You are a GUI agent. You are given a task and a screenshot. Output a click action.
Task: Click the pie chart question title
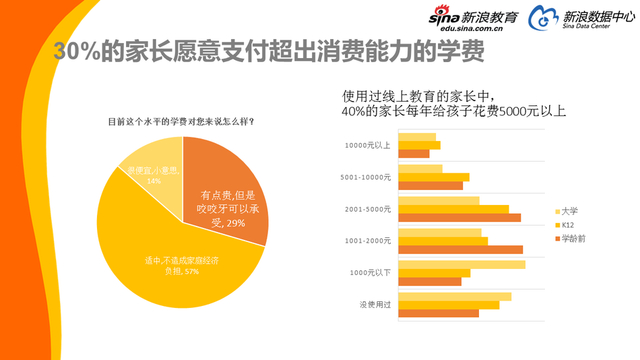[180, 122]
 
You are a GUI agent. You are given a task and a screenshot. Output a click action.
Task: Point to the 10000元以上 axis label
[367, 144]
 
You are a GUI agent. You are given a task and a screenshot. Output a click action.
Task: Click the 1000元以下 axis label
[369, 272]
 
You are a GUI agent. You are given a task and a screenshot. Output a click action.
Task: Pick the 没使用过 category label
[374, 304]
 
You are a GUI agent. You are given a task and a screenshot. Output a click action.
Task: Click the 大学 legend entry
[569, 211]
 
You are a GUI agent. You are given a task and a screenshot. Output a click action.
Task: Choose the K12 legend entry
[567, 225]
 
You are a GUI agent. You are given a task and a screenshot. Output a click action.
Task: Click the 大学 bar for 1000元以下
[461, 264]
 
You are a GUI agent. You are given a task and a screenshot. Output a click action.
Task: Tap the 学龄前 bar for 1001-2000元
[460, 249]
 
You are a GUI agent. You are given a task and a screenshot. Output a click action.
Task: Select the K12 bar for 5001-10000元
[433, 177]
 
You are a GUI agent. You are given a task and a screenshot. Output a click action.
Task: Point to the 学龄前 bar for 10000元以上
[413, 153]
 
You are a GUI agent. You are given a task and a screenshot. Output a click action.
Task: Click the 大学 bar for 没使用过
[454, 296]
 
